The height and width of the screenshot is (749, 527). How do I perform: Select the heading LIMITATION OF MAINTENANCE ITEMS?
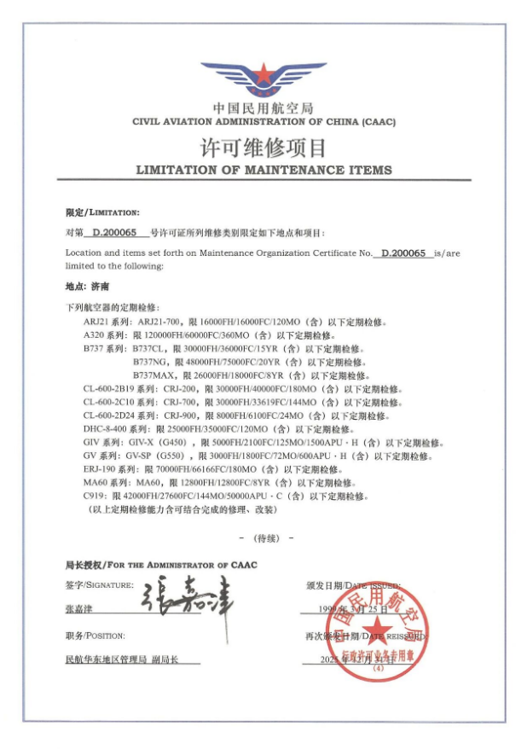263,170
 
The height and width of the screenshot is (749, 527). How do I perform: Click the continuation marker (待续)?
264,538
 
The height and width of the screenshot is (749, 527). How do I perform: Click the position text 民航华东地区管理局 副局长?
131,660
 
